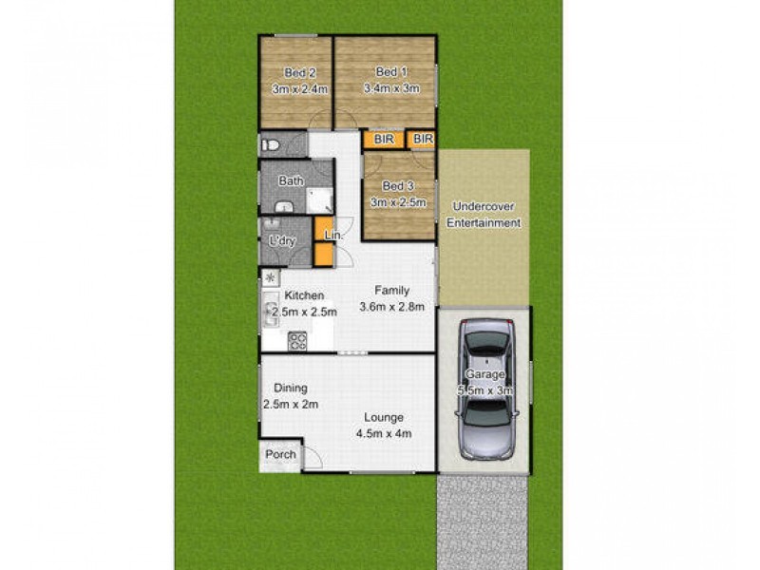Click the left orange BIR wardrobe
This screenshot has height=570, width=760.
(x=384, y=140)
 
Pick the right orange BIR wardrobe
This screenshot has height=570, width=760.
(x=423, y=140)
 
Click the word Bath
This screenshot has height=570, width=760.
(x=291, y=180)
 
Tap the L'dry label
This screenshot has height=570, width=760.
(x=282, y=241)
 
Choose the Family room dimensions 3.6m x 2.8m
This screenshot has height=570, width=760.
(x=391, y=306)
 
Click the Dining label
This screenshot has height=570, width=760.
(x=291, y=388)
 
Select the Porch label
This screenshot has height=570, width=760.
(x=280, y=455)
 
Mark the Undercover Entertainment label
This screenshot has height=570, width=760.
(x=486, y=215)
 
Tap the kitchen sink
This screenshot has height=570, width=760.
(x=270, y=309)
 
